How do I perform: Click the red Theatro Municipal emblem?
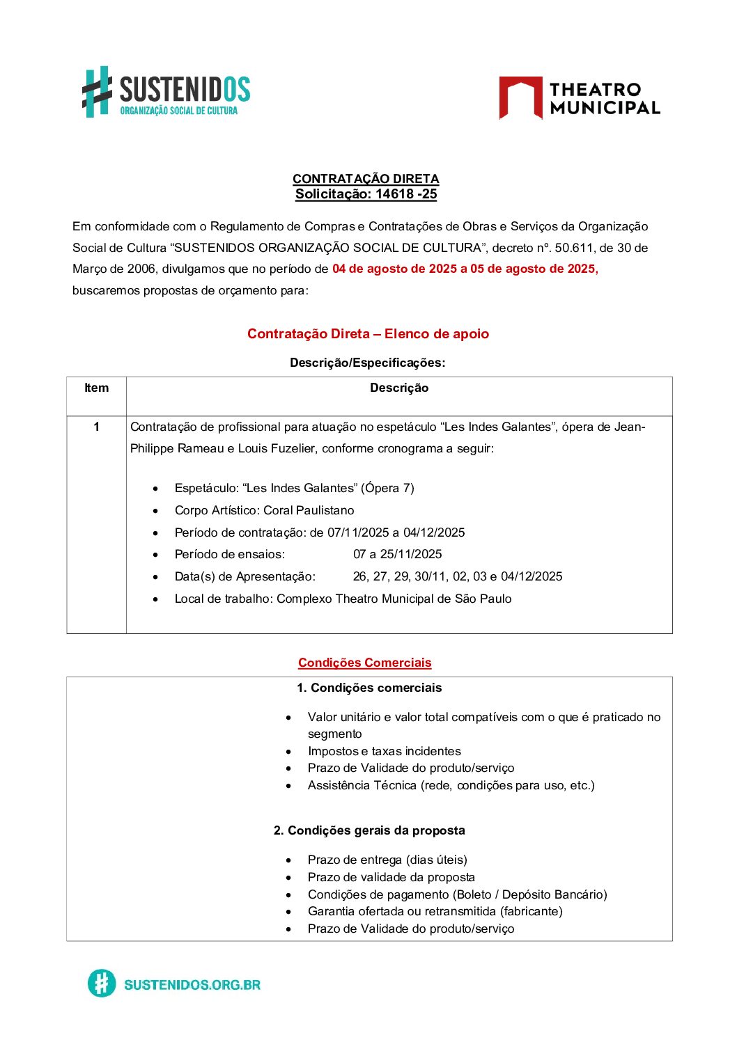pos(520,97)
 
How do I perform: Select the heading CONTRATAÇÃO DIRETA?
pos(366,179)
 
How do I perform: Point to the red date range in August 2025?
pos(465,269)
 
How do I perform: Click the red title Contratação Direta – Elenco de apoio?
pos(368,333)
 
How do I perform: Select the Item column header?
pos(96,388)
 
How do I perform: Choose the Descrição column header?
pos(398,388)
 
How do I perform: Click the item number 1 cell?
pos(96,427)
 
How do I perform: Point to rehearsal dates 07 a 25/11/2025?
pos(397,554)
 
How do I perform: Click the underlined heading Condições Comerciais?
pos(364,663)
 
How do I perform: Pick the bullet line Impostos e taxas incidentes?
pos(384,751)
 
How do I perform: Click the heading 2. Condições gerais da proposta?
pos(369,830)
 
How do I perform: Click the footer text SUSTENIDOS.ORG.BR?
pos(192,984)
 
